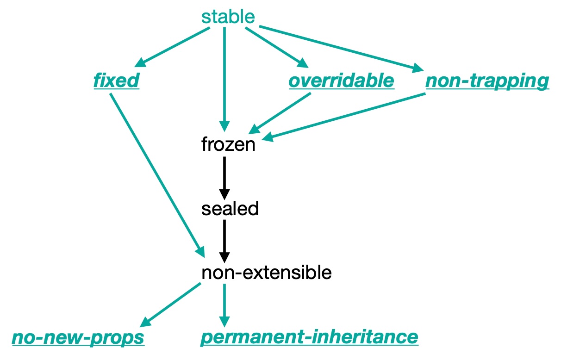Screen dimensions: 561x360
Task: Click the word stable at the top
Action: [228, 17]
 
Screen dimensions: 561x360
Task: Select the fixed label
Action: [117, 81]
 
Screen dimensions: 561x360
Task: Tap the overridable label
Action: [342, 81]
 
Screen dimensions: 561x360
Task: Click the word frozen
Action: [228, 144]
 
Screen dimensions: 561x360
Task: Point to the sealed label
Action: [230, 209]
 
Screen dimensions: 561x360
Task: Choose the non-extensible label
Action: [267, 273]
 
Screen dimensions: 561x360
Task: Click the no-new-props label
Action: [78, 338]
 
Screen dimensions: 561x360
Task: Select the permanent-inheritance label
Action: [310, 338]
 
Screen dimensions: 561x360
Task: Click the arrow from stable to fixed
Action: [172, 47]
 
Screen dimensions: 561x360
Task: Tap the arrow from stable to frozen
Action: [224, 79]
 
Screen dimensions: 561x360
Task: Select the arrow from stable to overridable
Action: [277, 47]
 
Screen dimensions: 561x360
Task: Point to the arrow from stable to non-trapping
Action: [341, 49]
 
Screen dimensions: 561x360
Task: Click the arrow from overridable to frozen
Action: [280, 113]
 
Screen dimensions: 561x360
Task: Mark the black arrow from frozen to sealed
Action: [224, 178]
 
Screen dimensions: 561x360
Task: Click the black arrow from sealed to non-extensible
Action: [224, 242]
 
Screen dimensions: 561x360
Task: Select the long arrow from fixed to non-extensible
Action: [157, 175]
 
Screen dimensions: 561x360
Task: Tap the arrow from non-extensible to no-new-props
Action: [170, 305]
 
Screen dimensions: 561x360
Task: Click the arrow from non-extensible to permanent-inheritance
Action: [224, 305]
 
